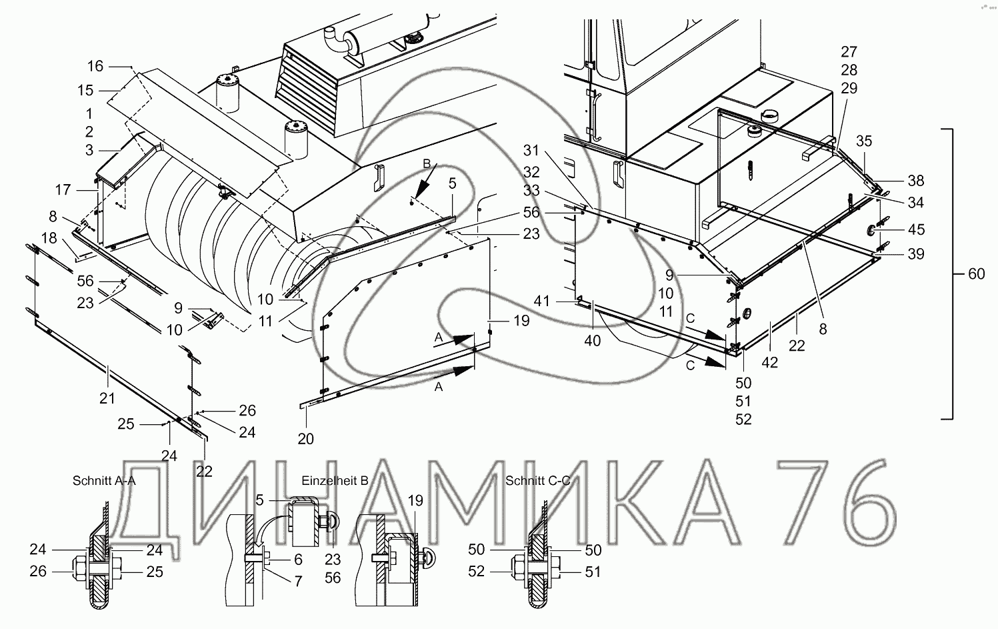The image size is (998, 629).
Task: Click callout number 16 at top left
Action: tap(95, 66)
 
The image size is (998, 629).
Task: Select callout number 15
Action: tap(85, 90)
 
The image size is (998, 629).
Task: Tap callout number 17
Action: tap(63, 191)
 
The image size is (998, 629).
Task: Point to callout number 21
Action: tap(107, 398)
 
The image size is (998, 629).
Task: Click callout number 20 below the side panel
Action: tap(306, 438)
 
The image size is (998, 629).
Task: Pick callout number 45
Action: tap(917, 229)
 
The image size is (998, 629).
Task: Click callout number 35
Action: tap(863, 141)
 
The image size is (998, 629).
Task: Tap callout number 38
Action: tap(915, 180)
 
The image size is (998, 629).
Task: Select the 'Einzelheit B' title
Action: tap(335, 480)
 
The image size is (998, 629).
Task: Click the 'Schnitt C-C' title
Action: tap(537, 480)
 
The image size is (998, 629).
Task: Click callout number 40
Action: tap(592, 341)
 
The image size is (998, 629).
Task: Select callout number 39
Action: tap(915, 254)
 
